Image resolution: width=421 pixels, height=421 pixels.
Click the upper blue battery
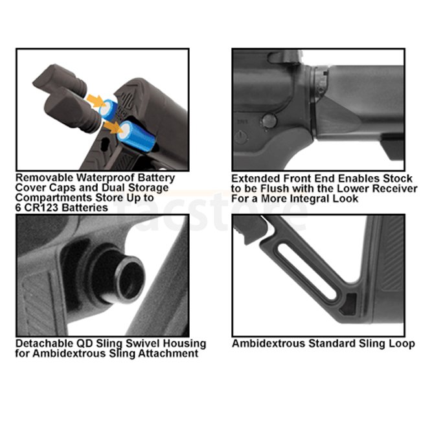(108, 109)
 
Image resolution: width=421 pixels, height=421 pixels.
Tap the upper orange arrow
(96, 100)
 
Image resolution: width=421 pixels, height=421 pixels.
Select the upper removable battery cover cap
(60, 80)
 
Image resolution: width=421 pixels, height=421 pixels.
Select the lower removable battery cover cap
(73, 109)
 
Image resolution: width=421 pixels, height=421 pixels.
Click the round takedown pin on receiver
(269, 121)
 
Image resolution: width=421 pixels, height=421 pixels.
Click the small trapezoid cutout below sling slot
(348, 304)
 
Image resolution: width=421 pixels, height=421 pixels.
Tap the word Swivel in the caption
(144, 344)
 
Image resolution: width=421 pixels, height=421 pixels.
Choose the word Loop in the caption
(403, 344)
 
